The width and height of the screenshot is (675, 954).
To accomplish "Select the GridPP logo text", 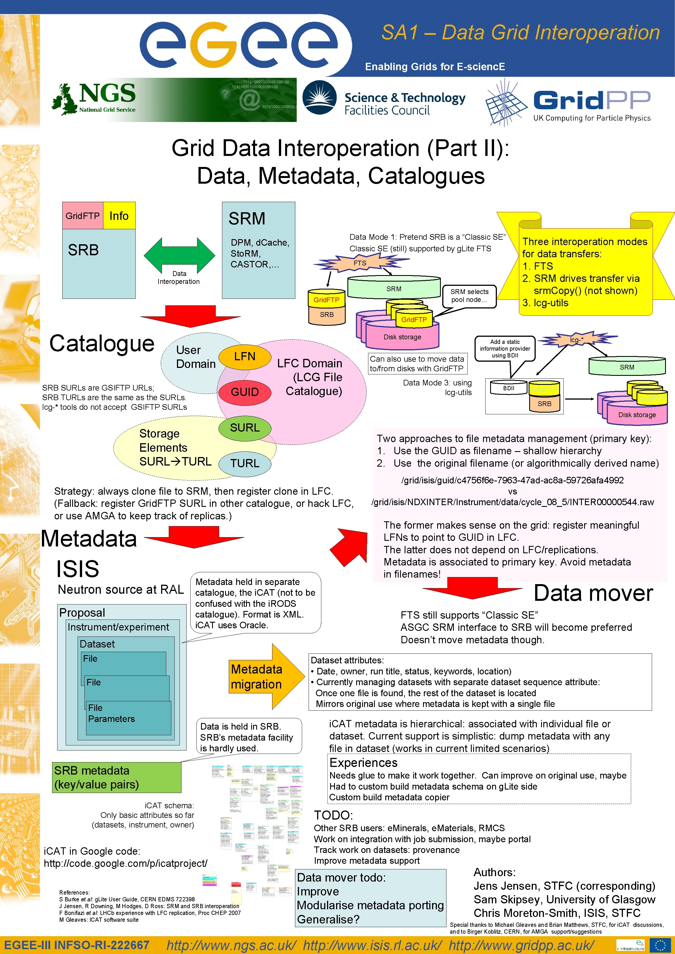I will tap(592, 101).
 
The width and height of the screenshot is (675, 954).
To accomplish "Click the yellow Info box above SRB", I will tap(119, 216).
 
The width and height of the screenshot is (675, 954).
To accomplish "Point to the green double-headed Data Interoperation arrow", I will tap(180, 255).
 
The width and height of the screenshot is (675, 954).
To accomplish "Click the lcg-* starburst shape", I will tap(576, 340).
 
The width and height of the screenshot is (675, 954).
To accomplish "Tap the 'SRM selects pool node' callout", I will tap(469, 296).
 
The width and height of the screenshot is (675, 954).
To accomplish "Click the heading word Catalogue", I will tap(102, 344).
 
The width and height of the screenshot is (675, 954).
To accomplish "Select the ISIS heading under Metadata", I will tap(78, 569).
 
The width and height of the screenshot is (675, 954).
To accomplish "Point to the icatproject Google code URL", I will tap(125, 863).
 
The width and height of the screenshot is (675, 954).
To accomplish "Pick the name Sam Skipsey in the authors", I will tap(505, 900).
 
